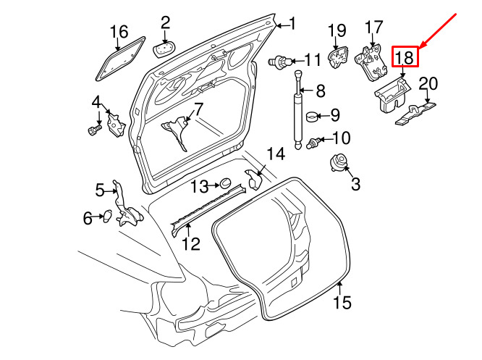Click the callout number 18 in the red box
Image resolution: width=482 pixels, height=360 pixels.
(405, 57)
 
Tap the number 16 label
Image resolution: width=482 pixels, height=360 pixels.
(119, 32)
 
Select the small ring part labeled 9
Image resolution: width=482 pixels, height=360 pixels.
(313, 117)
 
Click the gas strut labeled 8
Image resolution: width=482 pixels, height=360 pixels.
(298, 110)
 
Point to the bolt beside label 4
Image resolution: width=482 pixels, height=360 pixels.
(94, 129)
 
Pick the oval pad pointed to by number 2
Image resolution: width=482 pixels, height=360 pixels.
(164, 50)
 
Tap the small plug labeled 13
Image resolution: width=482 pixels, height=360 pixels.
(225, 183)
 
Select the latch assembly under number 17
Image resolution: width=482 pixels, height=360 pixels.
(371, 62)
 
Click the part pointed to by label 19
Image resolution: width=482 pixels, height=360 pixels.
(338, 58)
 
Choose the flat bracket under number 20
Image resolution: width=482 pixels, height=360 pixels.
(415, 113)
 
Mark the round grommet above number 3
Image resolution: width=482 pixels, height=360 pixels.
(339, 163)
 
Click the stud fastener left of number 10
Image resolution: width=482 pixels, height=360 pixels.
(313, 143)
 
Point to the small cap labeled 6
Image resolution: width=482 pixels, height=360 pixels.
(107, 216)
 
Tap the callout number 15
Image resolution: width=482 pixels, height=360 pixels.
(342, 302)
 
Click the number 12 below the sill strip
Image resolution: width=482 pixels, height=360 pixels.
(191, 244)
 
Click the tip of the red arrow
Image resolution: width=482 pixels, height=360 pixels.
(419, 49)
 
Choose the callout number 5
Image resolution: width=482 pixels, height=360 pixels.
(100, 191)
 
